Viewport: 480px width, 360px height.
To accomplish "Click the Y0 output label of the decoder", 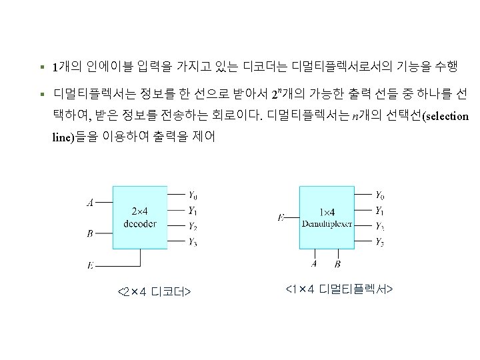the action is click(193, 196).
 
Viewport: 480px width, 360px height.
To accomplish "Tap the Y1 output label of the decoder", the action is click(193, 211).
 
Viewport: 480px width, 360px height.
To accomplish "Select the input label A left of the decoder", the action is click(90, 202).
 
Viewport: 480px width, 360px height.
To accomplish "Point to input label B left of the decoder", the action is click(90, 233).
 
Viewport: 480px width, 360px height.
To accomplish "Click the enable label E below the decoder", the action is click(90, 265).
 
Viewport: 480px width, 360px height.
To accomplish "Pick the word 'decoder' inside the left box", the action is click(140, 224).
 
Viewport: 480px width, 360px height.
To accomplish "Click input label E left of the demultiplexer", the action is click(281, 217).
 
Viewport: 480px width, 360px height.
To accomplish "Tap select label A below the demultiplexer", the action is click(315, 264).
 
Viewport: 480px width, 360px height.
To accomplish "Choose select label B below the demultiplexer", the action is click(337, 264).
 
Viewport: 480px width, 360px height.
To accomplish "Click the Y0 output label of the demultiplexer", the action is click(379, 195).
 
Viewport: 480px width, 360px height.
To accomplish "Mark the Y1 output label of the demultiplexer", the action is click(379, 211).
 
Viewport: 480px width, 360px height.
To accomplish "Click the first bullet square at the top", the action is click(41, 67).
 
